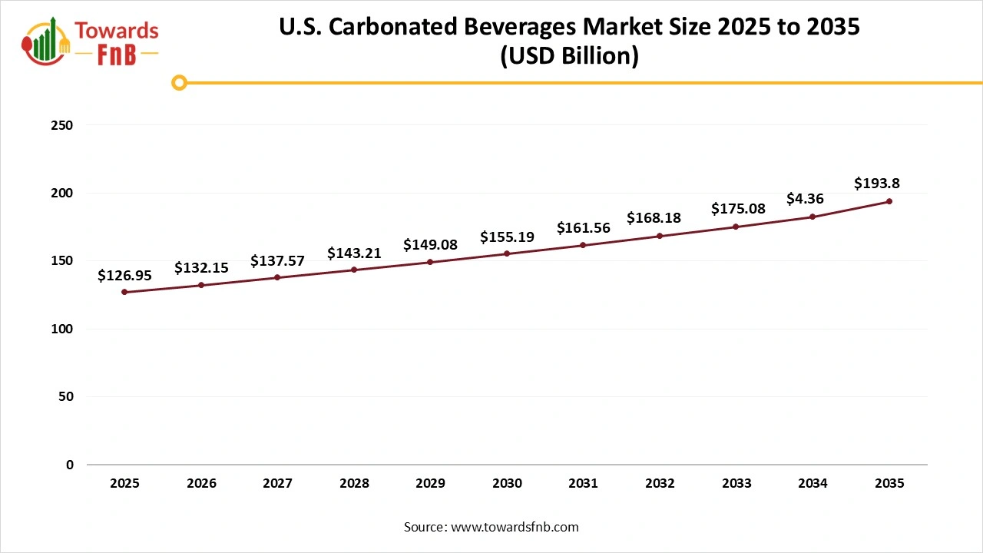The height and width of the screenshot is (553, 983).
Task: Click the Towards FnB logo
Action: (91, 41)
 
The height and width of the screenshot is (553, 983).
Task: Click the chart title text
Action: (569, 41)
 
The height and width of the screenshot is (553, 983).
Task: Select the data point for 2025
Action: (124, 292)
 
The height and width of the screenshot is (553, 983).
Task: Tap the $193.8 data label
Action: (877, 183)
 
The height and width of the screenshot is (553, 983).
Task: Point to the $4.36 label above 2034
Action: (805, 199)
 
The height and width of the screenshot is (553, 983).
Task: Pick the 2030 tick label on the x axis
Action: (507, 484)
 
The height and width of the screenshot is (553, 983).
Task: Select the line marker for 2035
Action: (889, 201)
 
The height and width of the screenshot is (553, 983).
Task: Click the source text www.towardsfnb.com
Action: (491, 527)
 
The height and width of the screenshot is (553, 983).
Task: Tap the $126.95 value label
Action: (124, 275)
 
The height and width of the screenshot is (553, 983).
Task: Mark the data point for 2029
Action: (430, 262)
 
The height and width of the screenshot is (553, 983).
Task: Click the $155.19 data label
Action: (507, 237)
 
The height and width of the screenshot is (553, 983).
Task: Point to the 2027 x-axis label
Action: (277, 484)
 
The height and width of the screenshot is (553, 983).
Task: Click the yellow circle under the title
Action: (179, 82)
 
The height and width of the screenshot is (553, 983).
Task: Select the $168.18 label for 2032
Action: (654, 218)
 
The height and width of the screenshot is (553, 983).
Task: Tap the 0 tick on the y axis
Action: (70, 465)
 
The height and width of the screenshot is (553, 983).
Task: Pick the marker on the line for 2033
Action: (736, 227)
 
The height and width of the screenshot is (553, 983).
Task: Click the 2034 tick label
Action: (813, 484)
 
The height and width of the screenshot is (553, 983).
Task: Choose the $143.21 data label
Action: (354, 253)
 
